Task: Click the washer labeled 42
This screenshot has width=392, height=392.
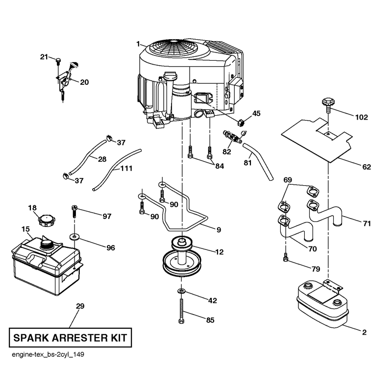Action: point(181,291)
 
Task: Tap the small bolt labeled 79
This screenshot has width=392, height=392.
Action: point(286,258)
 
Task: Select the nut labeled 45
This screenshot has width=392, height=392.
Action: point(241,123)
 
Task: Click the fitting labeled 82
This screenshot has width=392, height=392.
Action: point(232,137)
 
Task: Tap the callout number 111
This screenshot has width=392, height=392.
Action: point(126,168)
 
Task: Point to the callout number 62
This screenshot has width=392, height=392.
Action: point(367,167)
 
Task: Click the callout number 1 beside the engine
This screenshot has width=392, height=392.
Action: point(138,44)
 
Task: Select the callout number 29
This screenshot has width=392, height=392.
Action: point(80,306)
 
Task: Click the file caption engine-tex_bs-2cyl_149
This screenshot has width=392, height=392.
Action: point(48,354)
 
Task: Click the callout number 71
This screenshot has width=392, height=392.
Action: point(367,223)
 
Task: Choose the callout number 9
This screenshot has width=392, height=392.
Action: point(219,229)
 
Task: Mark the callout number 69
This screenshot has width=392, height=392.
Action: point(288,180)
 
